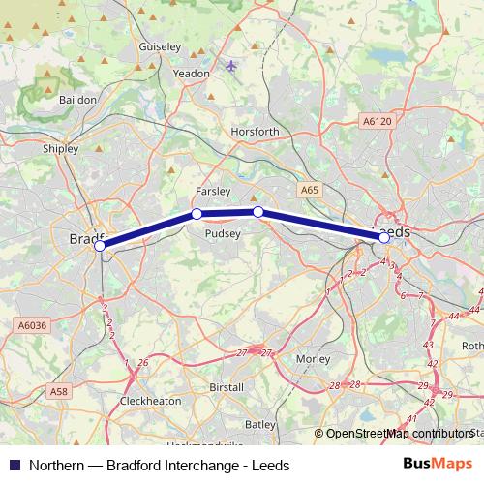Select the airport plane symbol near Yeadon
point(230,66)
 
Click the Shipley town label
point(61,149)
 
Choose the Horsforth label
point(256,132)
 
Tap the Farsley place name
point(213,192)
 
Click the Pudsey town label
point(224,232)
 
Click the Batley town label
point(260,424)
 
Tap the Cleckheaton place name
point(149,399)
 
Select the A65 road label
point(309,191)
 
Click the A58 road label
point(59,392)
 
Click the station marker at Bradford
point(100,247)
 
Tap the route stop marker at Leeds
point(384,237)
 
